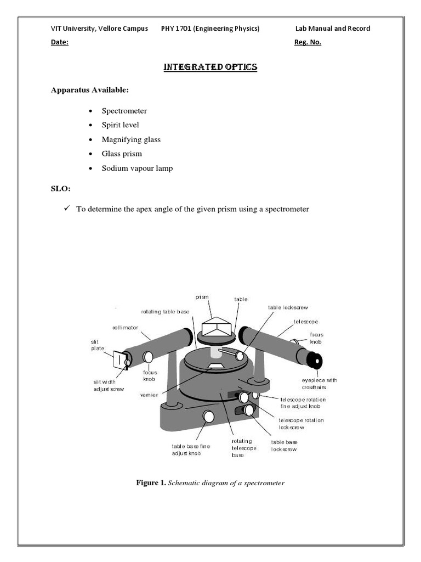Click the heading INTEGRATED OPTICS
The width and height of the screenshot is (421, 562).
click(210, 67)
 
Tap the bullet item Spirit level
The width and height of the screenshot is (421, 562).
click(120, 125)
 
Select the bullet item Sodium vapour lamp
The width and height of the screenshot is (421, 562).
click(137, 168)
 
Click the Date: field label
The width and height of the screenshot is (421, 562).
click(60, 43)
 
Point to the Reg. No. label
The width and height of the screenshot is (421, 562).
click(308, 43)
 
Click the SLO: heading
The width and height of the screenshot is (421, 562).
click(60, 189)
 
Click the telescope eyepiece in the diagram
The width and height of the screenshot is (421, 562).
click(315, 361)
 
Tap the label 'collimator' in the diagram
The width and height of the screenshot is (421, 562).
click(126, 328)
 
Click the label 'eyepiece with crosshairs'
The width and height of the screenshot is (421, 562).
click(318, 384)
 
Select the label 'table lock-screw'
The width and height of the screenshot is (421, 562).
click(285, 307)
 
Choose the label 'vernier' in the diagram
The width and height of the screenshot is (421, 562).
click(149, 395)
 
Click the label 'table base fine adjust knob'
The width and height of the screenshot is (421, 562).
click(191, 450)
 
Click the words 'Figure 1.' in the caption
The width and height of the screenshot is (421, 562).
click(151, 483)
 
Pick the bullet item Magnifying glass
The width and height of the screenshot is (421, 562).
click(131, 139)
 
